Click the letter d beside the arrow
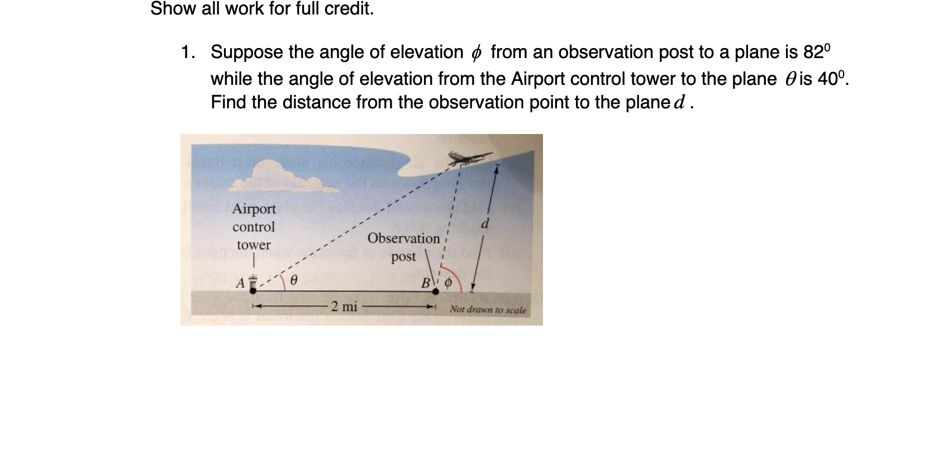click(485, 224)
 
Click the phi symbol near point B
click(447, 284)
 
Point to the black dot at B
click(436, 291)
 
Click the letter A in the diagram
click(240, 283)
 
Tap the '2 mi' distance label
click(344, 307)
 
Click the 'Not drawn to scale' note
click(488, 309)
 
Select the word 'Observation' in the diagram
click(403, 238)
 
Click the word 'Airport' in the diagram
click(254, 209)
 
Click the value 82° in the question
click(817, 52)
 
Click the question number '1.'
click(188, 52)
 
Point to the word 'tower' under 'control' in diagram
click(254, 245)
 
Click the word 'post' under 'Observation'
click(403, 257)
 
